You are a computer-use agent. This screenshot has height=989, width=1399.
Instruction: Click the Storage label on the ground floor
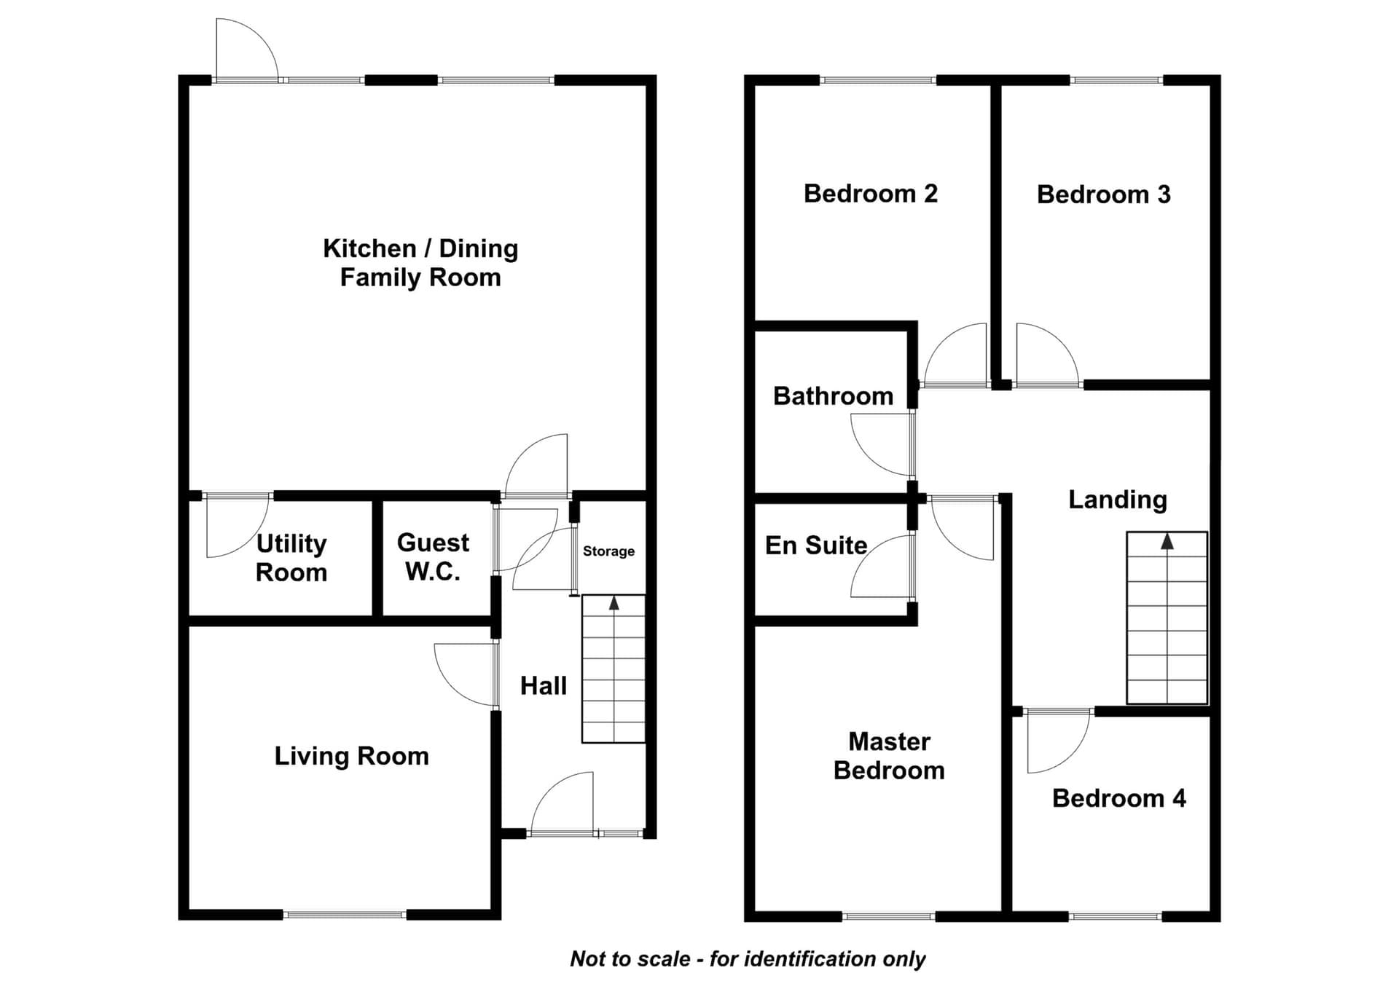(x=608, y=551)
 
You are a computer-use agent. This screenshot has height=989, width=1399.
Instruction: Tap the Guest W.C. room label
(x=433, y=557)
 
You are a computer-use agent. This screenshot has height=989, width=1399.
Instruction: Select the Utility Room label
(x=291, y=558)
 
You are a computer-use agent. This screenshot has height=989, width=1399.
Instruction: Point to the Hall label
(x=544, y=686)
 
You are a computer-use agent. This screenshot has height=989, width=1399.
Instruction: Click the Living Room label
(x=351, y=757)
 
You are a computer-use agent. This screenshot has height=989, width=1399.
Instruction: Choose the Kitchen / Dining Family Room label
(x=420, y=263)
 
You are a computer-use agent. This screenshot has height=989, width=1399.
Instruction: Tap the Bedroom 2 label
(x=871, y=194)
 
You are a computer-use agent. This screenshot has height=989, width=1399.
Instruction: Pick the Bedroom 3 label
(x=1104, y=194)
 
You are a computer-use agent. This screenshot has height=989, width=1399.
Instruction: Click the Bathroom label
(x=833, y=396)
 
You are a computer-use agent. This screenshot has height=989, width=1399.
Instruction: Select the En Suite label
(x=816, y=545)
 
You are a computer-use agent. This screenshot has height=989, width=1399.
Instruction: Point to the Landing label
(x=1118, y=500)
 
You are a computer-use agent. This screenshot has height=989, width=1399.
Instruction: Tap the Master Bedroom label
(x=889, y=756)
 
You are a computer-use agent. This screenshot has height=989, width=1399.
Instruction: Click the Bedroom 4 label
(x=1119, y=799)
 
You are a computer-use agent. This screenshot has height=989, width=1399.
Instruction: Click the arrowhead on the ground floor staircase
(x=614, y=603)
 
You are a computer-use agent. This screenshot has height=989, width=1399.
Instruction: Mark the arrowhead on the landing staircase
(x=1167, y=541)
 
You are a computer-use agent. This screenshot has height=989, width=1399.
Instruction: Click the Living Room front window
(x=345, y=915)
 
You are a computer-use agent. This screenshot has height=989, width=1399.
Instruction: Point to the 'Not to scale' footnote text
(x=748, y=959)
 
